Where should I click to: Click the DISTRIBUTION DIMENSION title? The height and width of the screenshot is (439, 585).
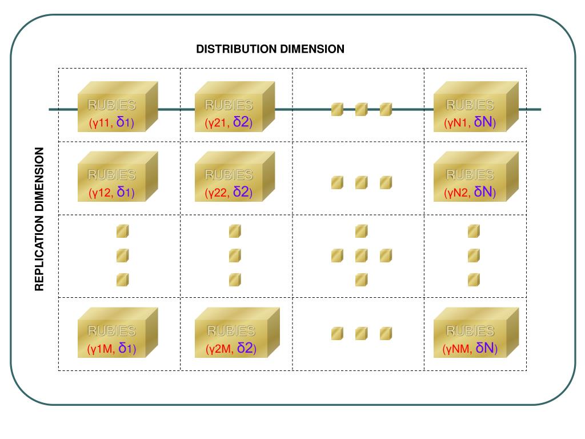pyautogui.click(x=270, y=49)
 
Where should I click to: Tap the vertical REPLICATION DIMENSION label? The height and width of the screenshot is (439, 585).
pyautogui.click(x=39, y=219)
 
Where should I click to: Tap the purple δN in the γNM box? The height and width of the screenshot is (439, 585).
pyautogui.click(x=484, y=348)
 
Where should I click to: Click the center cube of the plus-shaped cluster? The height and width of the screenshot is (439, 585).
pyautogui.click(x=361, y=256)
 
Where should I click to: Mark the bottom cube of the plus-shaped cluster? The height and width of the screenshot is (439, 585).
pyautogui.click(x=361, y=280)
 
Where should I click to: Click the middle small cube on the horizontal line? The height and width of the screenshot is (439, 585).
pyautogui.click(x=361, y=109)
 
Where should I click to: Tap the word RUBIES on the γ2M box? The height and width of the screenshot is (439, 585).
pyautogui.click(x=231, y=331)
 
